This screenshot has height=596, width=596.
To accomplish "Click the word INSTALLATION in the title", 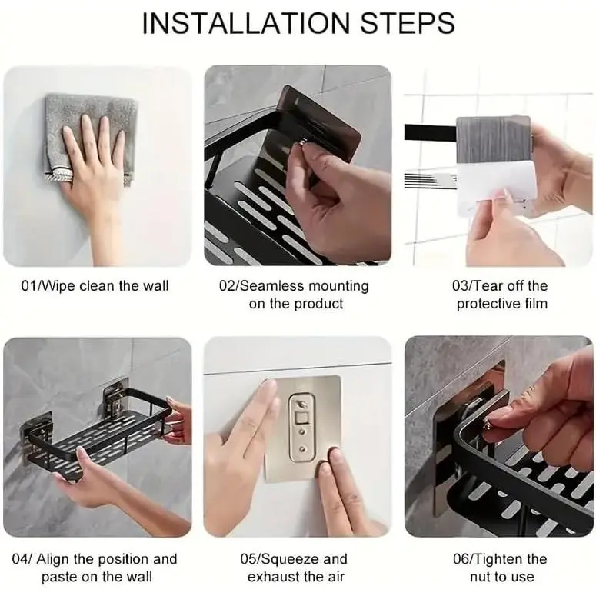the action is click(245, 23).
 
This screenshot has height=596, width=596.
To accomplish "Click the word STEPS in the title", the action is click(407, 23).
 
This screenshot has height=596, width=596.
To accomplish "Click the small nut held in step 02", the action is click(302, 142).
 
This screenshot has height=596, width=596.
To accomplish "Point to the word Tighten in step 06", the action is click(498, 559).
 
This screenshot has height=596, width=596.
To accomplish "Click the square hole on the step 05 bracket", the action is click(301, 419).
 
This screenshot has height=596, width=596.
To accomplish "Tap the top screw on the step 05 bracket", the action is click(301, 403).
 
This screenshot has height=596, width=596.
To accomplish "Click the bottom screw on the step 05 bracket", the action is click(302, 449).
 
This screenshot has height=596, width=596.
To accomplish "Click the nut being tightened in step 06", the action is click(488, 421).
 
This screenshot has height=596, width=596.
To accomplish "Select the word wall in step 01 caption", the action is click(155, 286).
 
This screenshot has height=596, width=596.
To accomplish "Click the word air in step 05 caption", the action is click(335, 577).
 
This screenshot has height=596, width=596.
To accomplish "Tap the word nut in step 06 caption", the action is click(481, 577).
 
